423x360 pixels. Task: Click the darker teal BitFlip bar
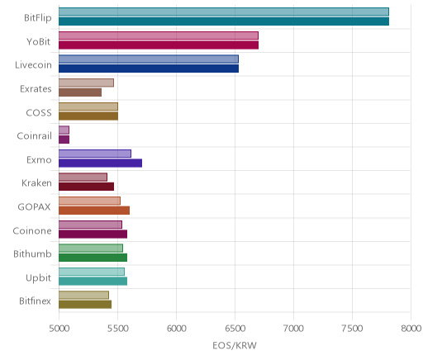[224, 21]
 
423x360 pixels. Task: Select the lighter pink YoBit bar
[159, 36]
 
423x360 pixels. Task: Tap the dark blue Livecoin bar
[149, 69]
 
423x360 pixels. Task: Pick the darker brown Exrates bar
[80, 92]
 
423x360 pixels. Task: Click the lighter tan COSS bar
[88, 107]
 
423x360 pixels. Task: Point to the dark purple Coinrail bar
[64, 140]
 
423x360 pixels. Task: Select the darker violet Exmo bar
[101, 163]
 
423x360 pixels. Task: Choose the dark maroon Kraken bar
[87, 187]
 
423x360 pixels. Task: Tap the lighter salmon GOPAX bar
[89, 201]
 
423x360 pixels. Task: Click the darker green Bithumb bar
[93, 258]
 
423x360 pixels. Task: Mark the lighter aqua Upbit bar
[92, 272]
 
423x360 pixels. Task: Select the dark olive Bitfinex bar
[85, 305]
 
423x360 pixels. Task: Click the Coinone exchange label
[32, 230]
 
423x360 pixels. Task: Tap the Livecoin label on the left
[33, 65]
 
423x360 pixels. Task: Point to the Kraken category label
[36, 183]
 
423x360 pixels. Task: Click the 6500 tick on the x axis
[235, 329]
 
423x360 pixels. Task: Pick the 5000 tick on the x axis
[59, 329]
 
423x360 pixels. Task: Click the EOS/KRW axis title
[235, 345]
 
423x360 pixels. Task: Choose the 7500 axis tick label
[352, 329]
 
